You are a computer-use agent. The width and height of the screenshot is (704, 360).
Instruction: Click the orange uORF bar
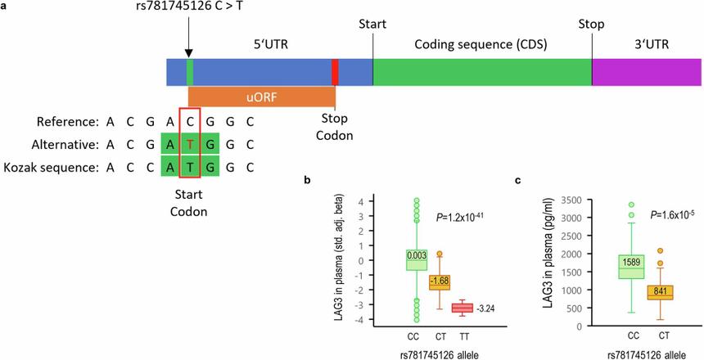[x=261, y=97]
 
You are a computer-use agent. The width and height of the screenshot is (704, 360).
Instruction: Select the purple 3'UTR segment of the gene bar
[x=647, y=72]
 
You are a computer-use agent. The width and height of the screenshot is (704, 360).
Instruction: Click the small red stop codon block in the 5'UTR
[x=335, y=72]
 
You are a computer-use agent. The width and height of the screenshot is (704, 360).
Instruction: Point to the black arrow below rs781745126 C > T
[x=189, y=41]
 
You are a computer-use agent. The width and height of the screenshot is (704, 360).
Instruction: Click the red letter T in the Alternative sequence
[x=190, y=145]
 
